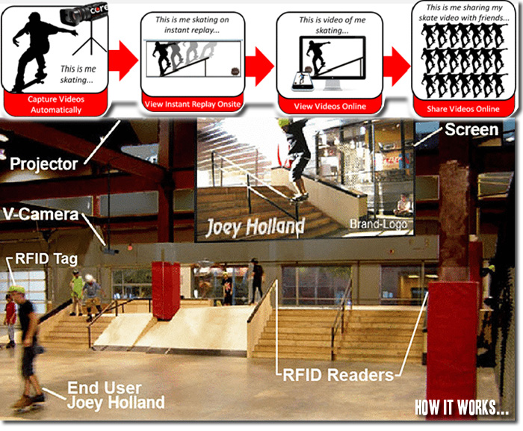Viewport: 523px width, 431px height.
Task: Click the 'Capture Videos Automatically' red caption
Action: coord(56,105)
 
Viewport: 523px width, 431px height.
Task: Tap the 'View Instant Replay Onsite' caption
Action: coord(193,104)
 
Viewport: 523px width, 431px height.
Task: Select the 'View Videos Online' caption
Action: coord(330,106)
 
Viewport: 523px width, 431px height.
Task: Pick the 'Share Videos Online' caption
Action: coord(463,109)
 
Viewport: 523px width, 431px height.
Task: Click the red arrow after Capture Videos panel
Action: coord(123,61)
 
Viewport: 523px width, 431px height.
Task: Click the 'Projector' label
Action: coord(43,164)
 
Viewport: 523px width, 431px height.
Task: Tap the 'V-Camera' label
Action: coord(40,214)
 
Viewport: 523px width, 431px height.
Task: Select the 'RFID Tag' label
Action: coord(46,259)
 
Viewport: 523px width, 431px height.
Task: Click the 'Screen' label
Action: coord(471,129)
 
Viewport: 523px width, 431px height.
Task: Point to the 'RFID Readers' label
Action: coord(338,375)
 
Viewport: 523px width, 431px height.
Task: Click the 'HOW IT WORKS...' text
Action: coord(462,408)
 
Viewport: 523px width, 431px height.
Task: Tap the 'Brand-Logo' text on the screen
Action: coord(379,224)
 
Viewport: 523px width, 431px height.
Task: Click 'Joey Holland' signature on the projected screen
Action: coord(256,228)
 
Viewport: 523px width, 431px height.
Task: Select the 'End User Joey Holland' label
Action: coord(116,395)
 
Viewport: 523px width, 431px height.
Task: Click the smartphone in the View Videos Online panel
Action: coord(303,81)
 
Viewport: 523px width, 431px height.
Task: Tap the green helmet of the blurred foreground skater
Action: coord(16,290)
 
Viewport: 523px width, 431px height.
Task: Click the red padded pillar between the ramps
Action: coord(166,291)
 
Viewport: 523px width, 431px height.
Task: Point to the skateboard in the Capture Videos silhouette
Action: coord(30,84)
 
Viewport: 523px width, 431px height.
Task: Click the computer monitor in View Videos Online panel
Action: coord(332,62)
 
